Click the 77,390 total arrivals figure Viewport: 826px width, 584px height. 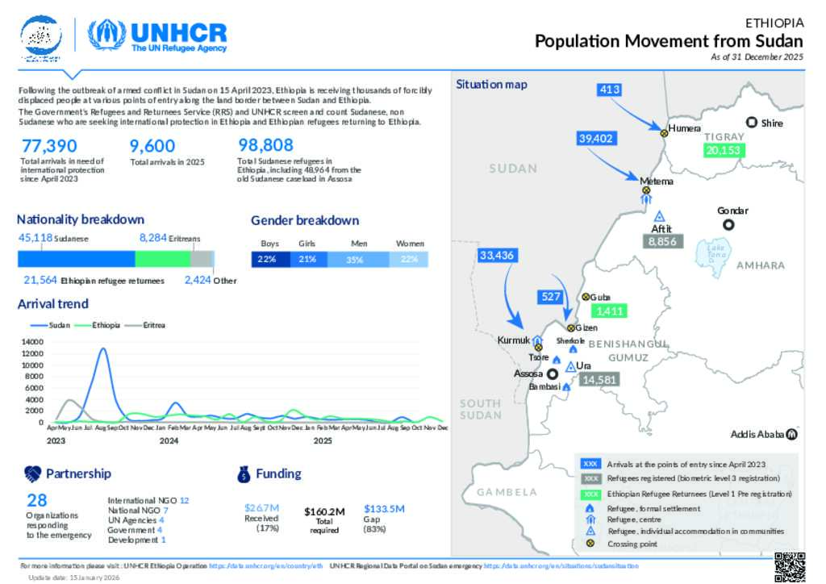pyautogui.click(x=50, y=146)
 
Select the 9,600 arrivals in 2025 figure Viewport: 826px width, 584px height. pyautogui.click(x=152, y=146)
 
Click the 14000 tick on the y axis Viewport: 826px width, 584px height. pyautogui.click(x=32, y=342)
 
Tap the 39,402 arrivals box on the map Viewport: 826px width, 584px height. pyautogui.click(x=596, y=139)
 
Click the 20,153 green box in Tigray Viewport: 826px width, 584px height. pyautogui.click(x=724, y=150)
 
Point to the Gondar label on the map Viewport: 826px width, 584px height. pyautogui.click(x=732, y=211)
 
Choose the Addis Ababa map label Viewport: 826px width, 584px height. pyautogui.click(x=757, y=435)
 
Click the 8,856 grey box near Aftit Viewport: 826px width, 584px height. pyautogui.click(x=662, y=240)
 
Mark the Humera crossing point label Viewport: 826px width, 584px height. pyautogui.click(x=685, y=128)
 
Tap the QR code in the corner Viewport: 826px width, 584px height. pyautogui.click(x=791, y=566)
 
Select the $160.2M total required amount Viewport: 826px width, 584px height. pyautogui.click(x=324, y=511)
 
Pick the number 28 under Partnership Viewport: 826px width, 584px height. pyautogui.click(x=36, y=500)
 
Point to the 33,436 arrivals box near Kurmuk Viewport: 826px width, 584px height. pyautogui.click(x=496, y=256)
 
